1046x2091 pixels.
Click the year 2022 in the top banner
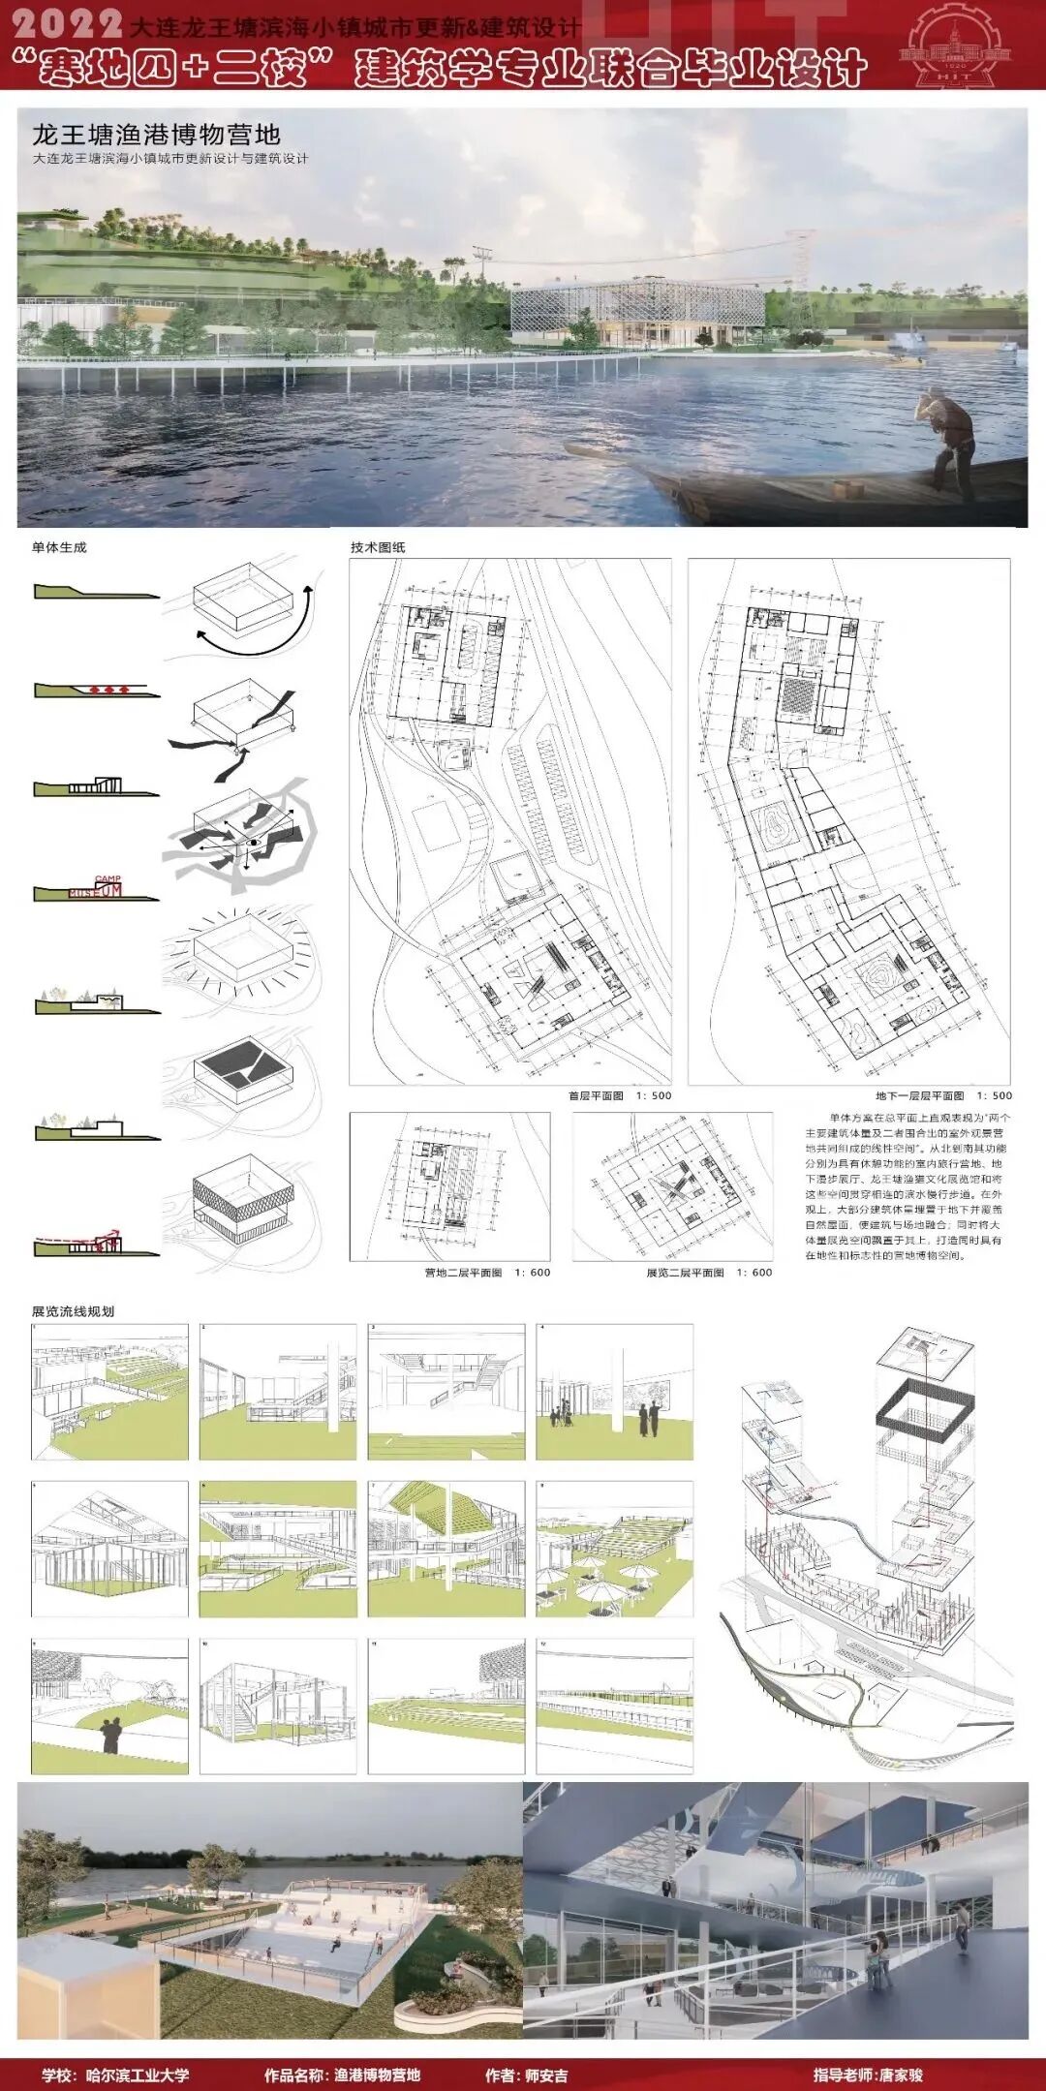point(69,23)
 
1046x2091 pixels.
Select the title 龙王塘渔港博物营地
point(156,134)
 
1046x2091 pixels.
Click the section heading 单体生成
point(59,547)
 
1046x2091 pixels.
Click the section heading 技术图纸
point(378,547)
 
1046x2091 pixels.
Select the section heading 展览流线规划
point(73,1311)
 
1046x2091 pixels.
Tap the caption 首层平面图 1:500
point(619,1096)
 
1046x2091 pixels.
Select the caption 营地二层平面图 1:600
point(487,1273)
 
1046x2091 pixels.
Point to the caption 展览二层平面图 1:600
point(709,1273)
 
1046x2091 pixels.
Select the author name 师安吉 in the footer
point(546,2076)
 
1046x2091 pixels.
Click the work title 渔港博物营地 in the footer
point(377,2076)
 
